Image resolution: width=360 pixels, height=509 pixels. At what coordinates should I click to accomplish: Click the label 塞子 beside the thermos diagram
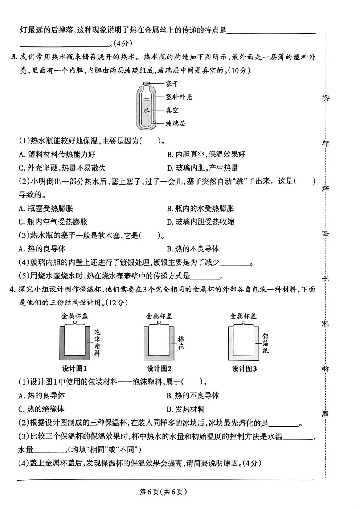point(172,84)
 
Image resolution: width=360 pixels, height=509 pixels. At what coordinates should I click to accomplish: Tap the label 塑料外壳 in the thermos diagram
point(179,97)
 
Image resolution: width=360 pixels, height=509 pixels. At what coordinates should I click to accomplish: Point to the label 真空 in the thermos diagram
point(172,110)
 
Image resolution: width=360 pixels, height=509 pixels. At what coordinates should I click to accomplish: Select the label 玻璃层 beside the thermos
point(176,123)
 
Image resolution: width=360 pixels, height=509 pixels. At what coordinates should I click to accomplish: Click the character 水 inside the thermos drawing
point(146,110)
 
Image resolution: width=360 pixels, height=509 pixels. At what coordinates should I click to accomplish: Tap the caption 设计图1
point(74,369)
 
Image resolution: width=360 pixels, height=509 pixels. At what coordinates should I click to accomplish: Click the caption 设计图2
point(159,369)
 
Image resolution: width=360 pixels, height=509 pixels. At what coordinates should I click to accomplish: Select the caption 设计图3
point(244,369)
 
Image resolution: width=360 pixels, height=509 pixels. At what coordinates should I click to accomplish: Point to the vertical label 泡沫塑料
point(97,342)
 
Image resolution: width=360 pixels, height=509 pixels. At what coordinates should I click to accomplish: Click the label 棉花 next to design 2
point(181,343)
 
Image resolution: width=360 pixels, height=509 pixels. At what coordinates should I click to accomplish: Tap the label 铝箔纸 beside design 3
point(265,343)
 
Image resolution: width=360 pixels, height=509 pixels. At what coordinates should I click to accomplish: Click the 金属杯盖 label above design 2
point(159,316)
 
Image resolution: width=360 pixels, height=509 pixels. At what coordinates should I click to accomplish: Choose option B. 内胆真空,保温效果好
point(206,155)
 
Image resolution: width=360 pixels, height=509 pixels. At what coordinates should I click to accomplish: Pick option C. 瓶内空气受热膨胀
point(53,222)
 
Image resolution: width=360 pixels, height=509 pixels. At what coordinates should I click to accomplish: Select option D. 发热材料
point(185,409)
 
